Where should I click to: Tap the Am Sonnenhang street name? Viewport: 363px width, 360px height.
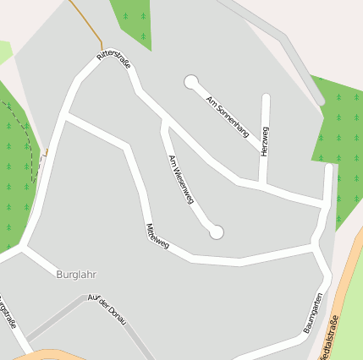tap(228, 116)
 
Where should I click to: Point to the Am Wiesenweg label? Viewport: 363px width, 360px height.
tap(181, 179)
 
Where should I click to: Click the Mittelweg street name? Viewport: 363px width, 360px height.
tap(157, 237)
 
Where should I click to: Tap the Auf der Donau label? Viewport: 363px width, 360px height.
tap(107, 309)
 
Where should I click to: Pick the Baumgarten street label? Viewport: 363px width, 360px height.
tap(312, 312)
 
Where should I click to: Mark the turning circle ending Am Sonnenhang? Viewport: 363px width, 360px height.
tap(191, 82)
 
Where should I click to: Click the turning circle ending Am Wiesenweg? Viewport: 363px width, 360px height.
tap(217, 231)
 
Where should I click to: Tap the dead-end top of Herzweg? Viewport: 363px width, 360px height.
tap(266, 98)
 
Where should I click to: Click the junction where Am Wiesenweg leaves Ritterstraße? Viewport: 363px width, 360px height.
tap(163, 121)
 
